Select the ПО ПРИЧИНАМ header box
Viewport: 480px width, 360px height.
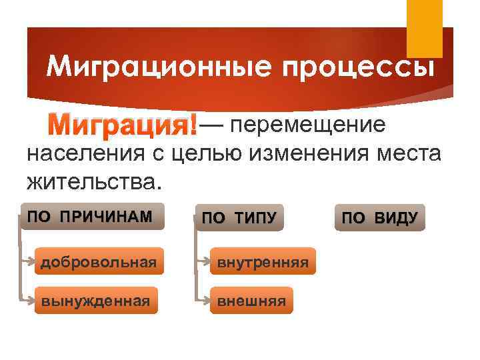(91, 217)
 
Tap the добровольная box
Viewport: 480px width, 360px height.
(99, 263)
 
